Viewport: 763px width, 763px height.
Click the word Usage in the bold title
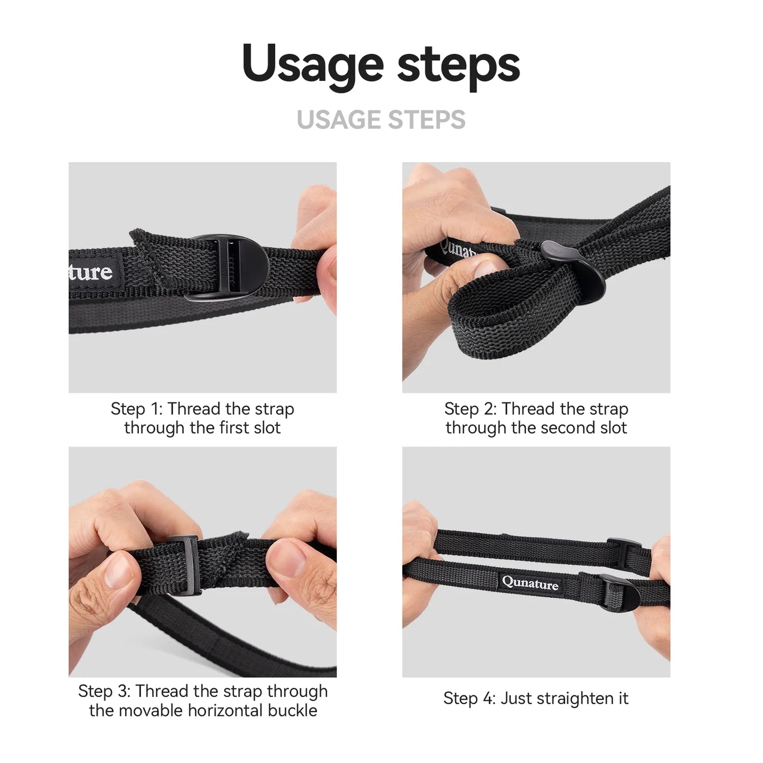313,65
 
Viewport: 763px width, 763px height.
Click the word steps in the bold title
458,65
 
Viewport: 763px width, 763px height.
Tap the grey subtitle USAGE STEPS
381,119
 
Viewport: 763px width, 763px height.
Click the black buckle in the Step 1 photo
225,268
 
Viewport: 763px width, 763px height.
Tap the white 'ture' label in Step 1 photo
91,271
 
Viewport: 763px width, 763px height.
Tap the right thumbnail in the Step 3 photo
285,558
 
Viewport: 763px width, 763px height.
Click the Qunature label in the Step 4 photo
530,583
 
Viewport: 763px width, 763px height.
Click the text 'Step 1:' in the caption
137,409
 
